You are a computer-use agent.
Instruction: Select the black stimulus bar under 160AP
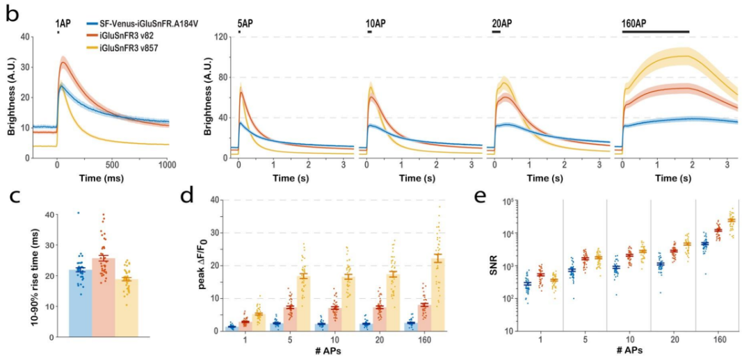[655, 32]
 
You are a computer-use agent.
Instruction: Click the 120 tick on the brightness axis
[223, 37]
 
